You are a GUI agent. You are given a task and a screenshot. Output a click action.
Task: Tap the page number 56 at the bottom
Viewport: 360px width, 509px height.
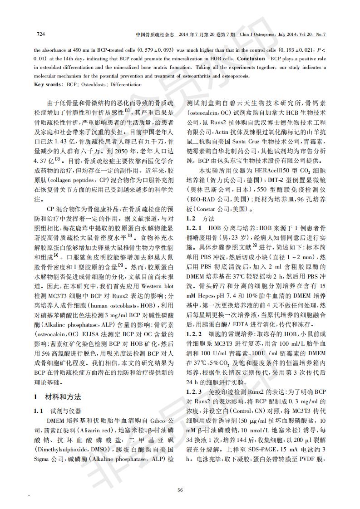pyautogui.click(x=180, y=489)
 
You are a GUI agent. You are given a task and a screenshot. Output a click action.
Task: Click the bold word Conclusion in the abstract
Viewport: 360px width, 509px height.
pyautogui.click(x=251, y=59)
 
